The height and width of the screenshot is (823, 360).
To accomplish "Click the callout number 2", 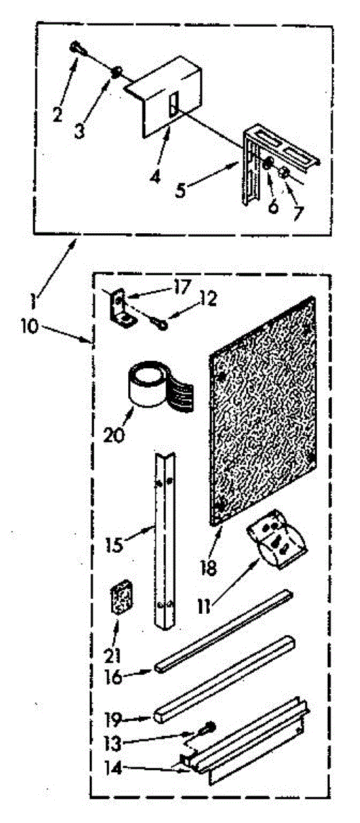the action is pos(58,114).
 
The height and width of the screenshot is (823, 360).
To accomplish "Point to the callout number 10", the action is pos(29,326).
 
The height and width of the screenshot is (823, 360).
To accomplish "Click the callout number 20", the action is pos(114,436).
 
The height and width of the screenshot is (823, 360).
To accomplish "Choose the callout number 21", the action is pos(112,655).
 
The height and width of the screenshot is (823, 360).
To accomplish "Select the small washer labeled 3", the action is pos(116,71).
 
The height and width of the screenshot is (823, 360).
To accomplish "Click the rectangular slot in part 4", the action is pos(173,104).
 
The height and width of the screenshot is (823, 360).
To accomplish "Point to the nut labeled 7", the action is pos(283,172).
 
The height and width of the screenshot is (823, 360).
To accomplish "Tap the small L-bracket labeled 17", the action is pos(120,308).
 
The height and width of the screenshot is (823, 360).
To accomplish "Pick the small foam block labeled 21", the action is pos(121,598).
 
